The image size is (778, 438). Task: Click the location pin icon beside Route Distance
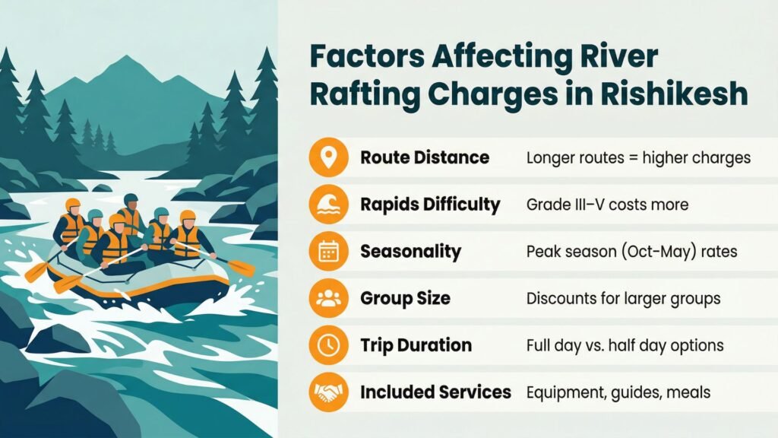tap(328, 158)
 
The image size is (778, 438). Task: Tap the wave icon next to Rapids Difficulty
tap(328, 205)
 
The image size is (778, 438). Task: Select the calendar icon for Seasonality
tap(328, 251)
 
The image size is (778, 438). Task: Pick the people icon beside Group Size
tap(328, 298)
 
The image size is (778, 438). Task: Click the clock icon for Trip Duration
tap(328, 344)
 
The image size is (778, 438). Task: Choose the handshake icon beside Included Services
tap(328, 392)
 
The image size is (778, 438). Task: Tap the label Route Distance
tap(424, 158)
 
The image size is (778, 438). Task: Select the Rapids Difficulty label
tap(430, 205)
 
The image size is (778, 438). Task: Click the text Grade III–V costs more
tap(607, 205)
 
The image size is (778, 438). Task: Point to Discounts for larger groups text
tap(623, 298)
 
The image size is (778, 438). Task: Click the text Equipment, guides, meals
tap(618, 392)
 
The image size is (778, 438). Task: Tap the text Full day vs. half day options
tap(625, 345)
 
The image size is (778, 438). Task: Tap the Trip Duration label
tap(415, 345)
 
